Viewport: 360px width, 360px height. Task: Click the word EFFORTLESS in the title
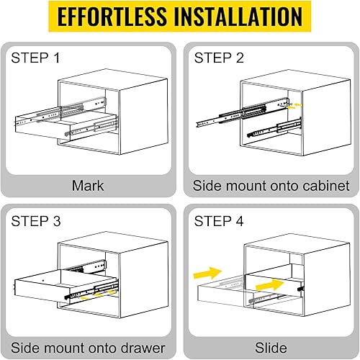tap(112, 17)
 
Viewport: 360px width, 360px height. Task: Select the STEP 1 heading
tap(35, 58)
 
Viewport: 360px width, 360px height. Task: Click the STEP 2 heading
tap(219, 58)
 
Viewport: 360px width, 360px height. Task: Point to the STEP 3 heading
tap(36, 221)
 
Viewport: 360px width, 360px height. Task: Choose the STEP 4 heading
tap(219, 221)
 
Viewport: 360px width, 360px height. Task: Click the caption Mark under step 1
tap(88, 186)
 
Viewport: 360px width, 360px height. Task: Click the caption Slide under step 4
tap(271, 348)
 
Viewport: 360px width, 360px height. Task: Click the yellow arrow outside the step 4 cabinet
tap(207, 273)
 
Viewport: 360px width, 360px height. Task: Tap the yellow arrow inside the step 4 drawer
tap(270, 285)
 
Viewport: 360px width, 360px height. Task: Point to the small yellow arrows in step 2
tap(294, 106)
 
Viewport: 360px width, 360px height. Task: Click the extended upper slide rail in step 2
tap(242, 112)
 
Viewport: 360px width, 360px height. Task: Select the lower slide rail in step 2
tap(274, 127)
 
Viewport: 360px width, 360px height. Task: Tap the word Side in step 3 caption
tap(25, 348)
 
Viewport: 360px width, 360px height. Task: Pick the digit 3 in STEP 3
tap(57, 221)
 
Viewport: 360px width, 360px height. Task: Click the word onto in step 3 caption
tap(102, 348)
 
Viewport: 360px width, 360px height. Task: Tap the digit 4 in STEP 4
tap(240, 221)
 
